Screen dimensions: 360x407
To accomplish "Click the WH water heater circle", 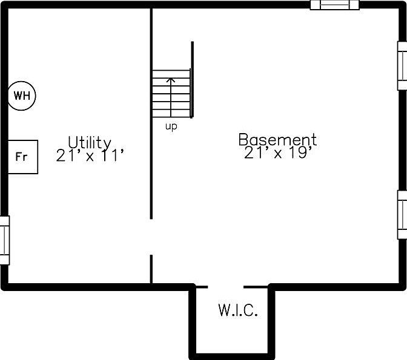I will click(x=22, y=95).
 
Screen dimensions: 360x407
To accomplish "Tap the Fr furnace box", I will click(x=23, y=157).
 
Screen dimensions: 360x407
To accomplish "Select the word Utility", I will click(x=89, y=142).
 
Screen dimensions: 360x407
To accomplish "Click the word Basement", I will click(x=277, y=140).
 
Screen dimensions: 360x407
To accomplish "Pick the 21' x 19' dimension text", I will click(x=279, y=154).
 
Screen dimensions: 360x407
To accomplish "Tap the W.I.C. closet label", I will click(x=238, y=312).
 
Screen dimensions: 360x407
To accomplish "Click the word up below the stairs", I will click(x=171, y=127).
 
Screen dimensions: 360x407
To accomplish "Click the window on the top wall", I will click(x=335, y=5).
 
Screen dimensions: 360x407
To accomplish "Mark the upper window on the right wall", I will click(x=402, y=65).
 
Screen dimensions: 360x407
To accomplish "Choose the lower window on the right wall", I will click(x=402, y=214).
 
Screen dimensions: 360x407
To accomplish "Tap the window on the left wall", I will click(x=4, y=240).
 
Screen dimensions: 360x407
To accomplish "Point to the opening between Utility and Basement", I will click(x=151, y=237).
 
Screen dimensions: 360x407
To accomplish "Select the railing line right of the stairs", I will click(x=193, y=79).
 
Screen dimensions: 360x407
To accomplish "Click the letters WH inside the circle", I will click(x=22, y=95).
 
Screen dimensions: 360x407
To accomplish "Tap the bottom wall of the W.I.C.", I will click(x=232, y=355).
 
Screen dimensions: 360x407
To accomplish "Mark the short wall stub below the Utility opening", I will click(x=151, y=269).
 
